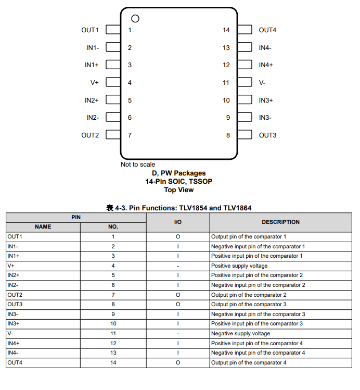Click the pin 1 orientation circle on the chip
135,19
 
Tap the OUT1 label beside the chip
89,30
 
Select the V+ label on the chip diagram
94,83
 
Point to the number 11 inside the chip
226,83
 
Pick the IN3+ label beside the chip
266,100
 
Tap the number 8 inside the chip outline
228,135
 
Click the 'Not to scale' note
138,165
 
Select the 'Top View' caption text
178,190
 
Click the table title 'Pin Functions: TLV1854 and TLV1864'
178,208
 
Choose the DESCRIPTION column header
280,222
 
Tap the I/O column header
177,222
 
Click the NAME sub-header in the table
43,227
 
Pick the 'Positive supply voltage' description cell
239,266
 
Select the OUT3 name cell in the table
15,304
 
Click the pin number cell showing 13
113,353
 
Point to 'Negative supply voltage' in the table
240,333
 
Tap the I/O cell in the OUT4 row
177,362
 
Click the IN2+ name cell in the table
14,275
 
